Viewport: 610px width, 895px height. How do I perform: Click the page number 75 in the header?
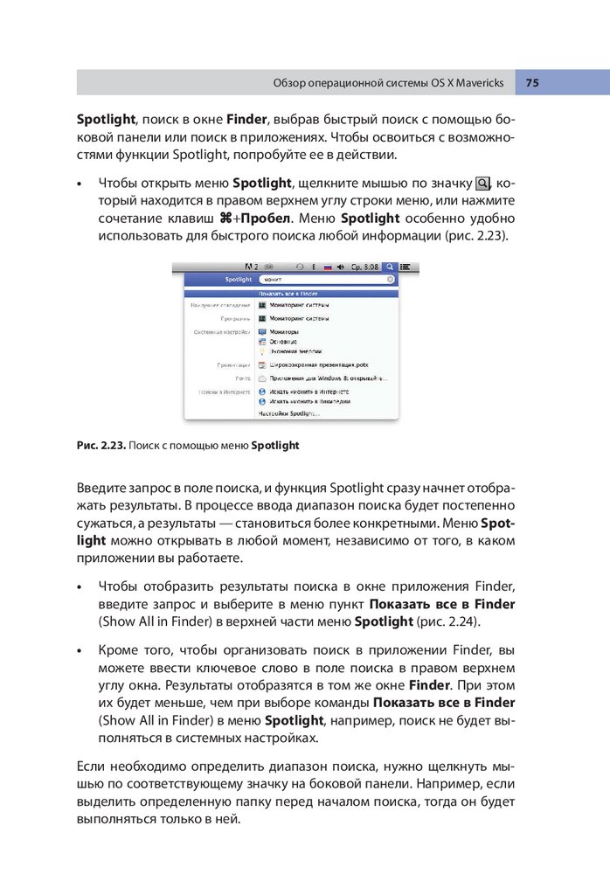(x=532, y=83)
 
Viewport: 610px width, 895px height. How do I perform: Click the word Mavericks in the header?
(x=475, y=83)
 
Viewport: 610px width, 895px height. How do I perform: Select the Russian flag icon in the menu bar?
(x=329, y=266)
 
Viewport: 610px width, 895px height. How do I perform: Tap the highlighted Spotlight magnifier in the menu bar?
(x=389, y=266)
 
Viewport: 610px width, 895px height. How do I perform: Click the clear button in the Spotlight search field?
(x=391, y=280)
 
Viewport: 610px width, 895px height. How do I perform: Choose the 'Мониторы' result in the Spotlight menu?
(x=285, y=332)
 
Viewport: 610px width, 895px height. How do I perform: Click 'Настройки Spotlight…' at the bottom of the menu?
(x=289, y=412)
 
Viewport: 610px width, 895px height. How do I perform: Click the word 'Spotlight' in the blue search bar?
(x=239, y=280)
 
